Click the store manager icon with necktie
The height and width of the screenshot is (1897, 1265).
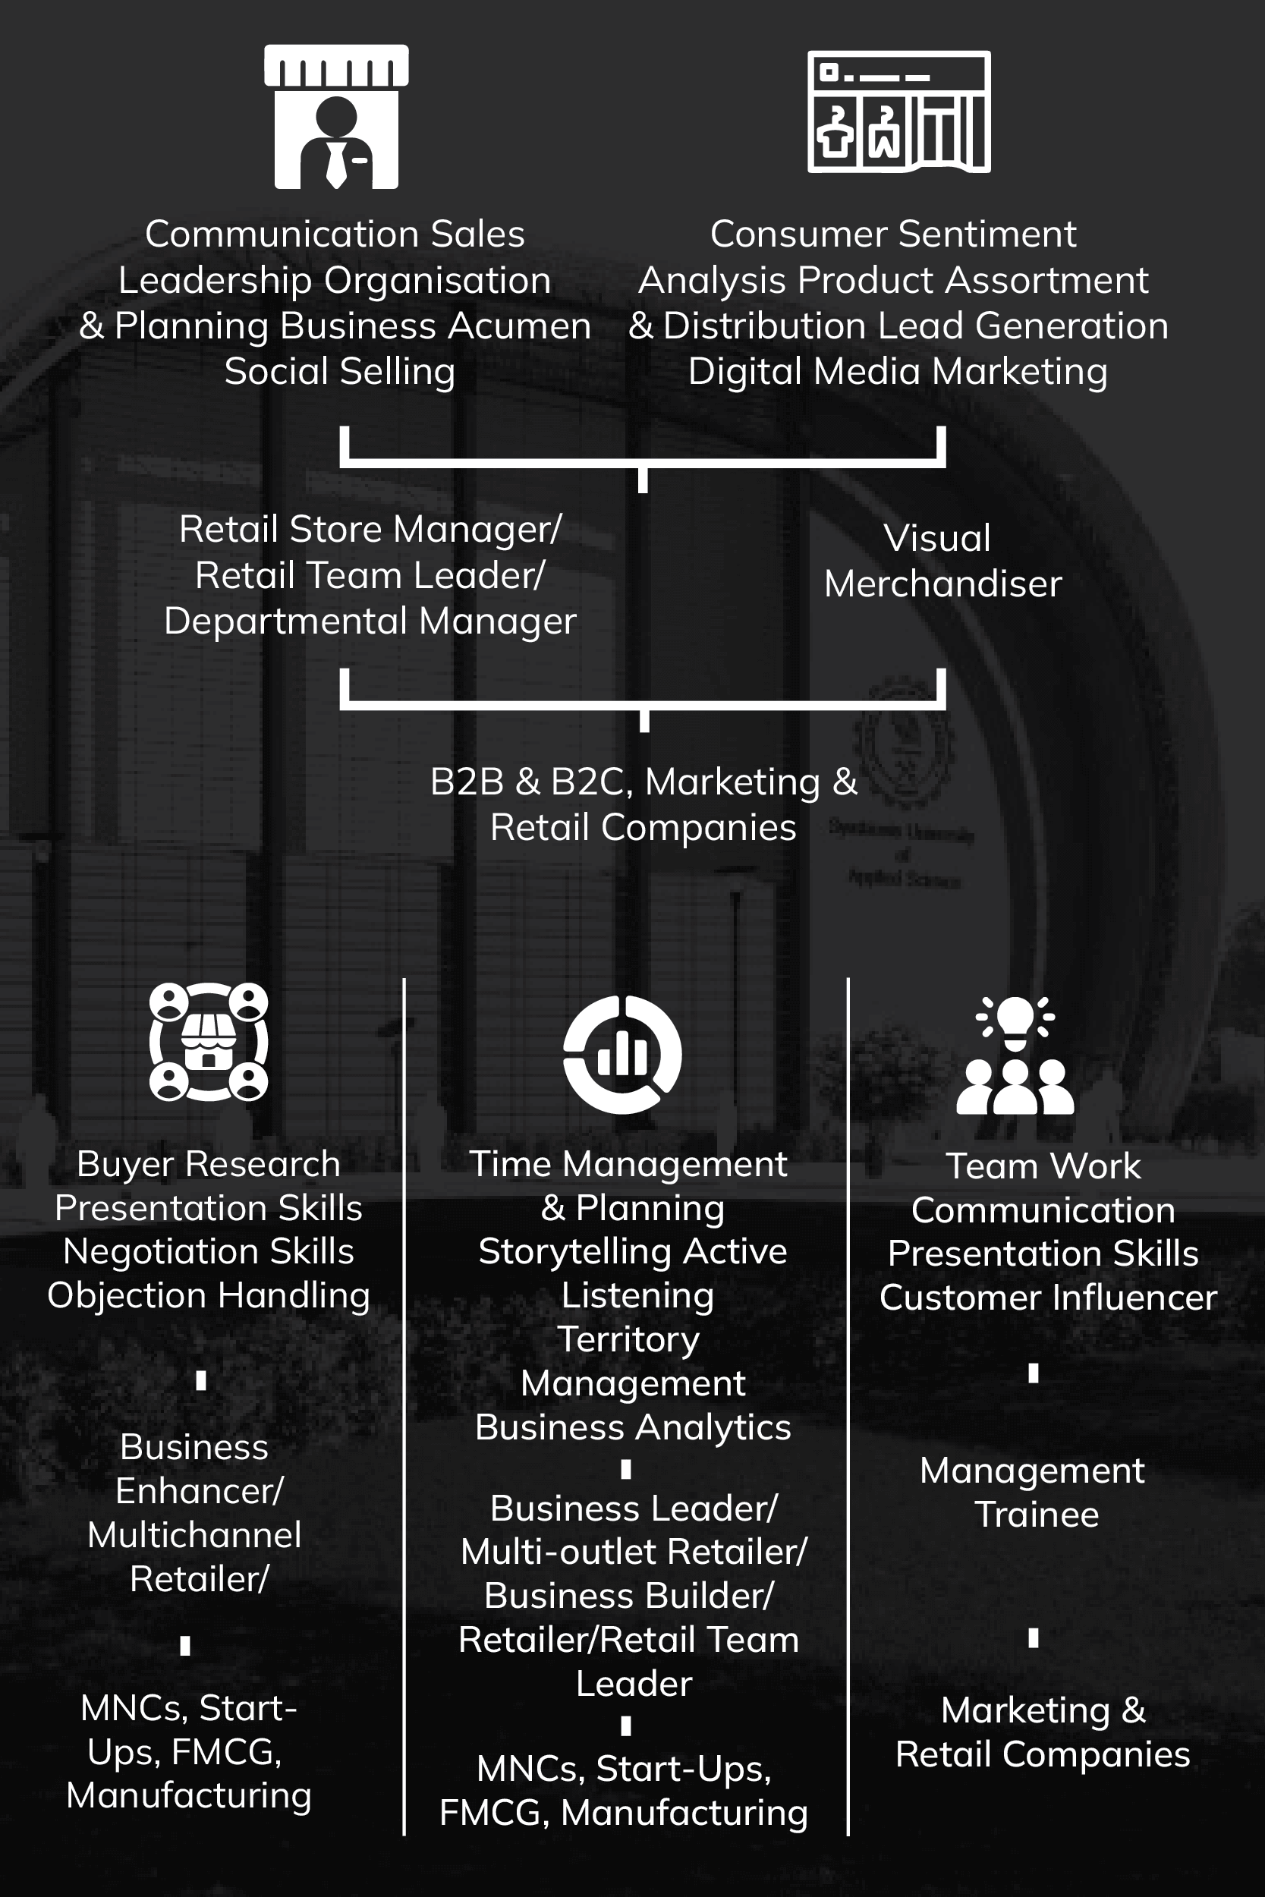(x=336, y=118)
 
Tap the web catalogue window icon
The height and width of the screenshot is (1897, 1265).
(x=898, y=112)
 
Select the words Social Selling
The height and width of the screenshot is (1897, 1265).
(x=340, y=372)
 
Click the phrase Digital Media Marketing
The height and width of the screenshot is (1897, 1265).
(x=897, y=372)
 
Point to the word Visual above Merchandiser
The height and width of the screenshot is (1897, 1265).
(x=936, y=538)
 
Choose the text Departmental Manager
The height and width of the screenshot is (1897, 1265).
(x=370, y=621)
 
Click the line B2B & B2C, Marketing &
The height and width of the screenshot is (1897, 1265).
(x=643, y=782)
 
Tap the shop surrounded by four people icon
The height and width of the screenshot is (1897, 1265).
(x=209, y=1041)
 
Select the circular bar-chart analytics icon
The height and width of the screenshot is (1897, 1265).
(x=622, y=1054)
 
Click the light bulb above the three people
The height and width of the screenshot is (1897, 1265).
(x=1015, y=1021)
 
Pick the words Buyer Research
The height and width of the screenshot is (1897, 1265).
(x=208, y=1164)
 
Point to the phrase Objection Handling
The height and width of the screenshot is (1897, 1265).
(x=208, y=1295)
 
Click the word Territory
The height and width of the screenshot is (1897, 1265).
(x=628, y=1340)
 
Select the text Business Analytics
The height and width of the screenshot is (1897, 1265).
(x=634, y=1427)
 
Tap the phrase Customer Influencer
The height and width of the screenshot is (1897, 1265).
(x=1047, y=1298)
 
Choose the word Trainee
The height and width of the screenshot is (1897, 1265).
(x=1037, y=1515)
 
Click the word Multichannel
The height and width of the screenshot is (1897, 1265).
(x=194, y=1535)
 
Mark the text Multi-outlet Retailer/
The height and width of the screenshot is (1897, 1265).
(x=634, y=1552)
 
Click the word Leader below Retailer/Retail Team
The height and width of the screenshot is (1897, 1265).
(x=634, y=1684)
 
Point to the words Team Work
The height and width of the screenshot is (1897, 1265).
(x=1043, y=1166)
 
